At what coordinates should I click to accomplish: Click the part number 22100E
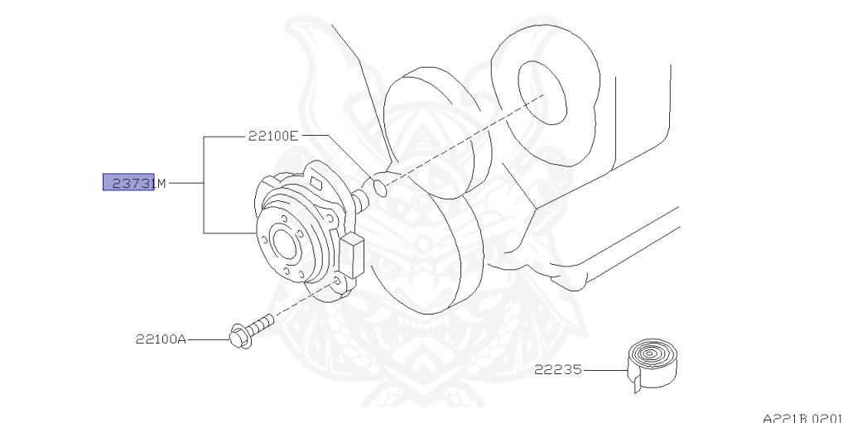(272, 137)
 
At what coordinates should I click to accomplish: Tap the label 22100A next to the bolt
(161, 339)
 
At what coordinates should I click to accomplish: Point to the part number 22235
(557, 371)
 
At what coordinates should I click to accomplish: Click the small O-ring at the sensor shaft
(378, 188)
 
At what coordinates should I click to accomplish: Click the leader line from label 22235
(605, 371)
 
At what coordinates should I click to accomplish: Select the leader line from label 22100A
(208, 339)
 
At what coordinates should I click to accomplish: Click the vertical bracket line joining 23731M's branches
(205, 184)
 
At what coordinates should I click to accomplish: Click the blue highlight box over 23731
(128, 183)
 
